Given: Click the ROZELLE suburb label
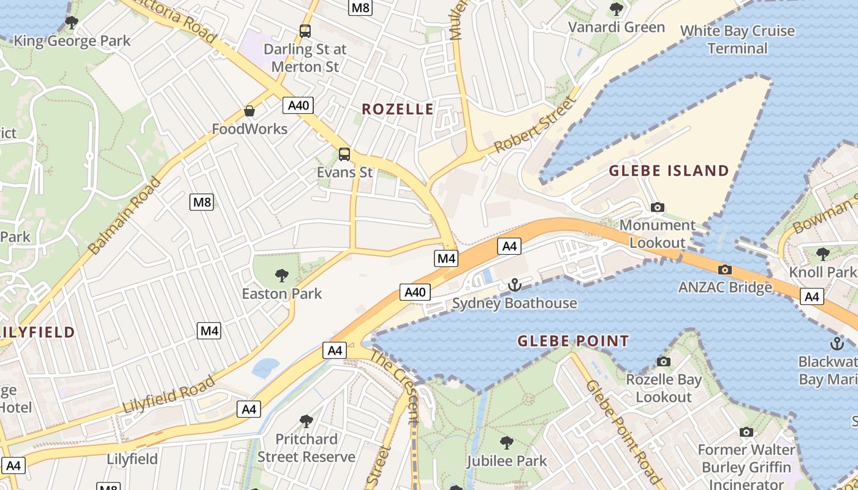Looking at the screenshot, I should (398, 109).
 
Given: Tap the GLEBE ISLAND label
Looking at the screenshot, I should (669, 170).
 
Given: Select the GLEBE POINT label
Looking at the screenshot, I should (573, 341).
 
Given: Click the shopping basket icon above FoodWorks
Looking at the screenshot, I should (249, 111).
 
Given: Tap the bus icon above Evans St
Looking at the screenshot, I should (344, 154).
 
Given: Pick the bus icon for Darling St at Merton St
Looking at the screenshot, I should (305, 31).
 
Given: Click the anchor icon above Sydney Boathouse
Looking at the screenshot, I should (514, 285).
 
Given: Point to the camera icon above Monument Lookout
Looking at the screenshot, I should (658, 207).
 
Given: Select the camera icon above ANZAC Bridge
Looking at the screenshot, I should (724, 269).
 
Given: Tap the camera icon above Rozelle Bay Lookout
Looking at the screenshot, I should (663, 362).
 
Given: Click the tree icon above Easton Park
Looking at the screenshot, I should (282, 275).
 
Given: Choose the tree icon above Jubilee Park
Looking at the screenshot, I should (506, 442).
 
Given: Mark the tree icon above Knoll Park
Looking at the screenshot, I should (822, 253).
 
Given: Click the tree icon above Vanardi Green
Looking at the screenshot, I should (616, 9).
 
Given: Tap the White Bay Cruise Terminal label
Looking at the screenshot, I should (737, 39).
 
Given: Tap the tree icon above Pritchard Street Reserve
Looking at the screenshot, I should (306, 421).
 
